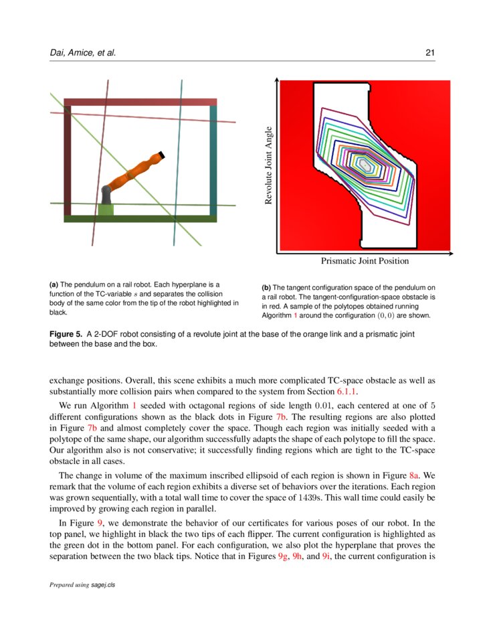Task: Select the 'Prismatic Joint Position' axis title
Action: pos(365,261)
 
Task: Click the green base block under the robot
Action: pos(106,209)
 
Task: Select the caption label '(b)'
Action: pos(266,289)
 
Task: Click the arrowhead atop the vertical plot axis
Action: pos(276,80)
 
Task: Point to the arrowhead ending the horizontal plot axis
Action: pos(452,254)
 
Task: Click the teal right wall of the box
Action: pos(213,161)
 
